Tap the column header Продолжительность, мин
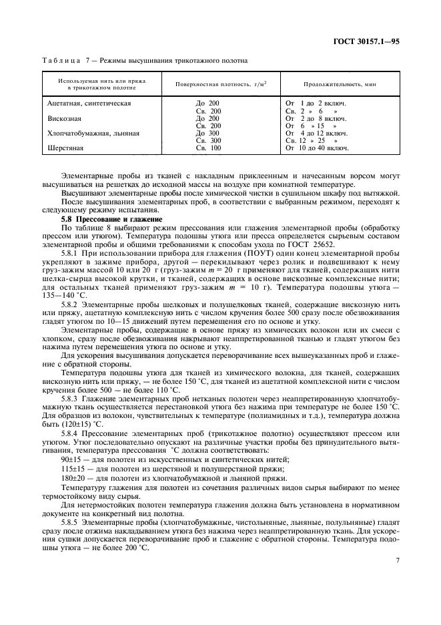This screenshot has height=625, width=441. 332,85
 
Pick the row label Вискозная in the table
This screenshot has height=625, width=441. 64,118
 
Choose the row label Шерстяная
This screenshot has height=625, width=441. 65,148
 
